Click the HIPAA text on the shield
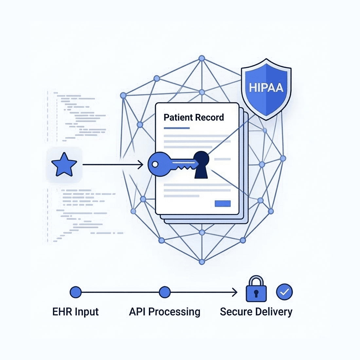(266, 87)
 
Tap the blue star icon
(64, 165)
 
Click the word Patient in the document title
(177, 117)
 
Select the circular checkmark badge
(284, 292)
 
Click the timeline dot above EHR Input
(76, 292)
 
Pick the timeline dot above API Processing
(165, 292)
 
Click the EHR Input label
(76, 312)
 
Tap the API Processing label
(165, 312)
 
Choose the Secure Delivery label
(256, 312)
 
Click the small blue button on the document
(223, 204)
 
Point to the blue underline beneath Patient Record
(177, 128)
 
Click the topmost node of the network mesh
(202, 58)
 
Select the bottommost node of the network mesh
(202, 262)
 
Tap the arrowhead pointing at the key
(141, 165)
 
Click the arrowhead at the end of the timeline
(235, 292)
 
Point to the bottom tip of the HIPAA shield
(266, 119)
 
